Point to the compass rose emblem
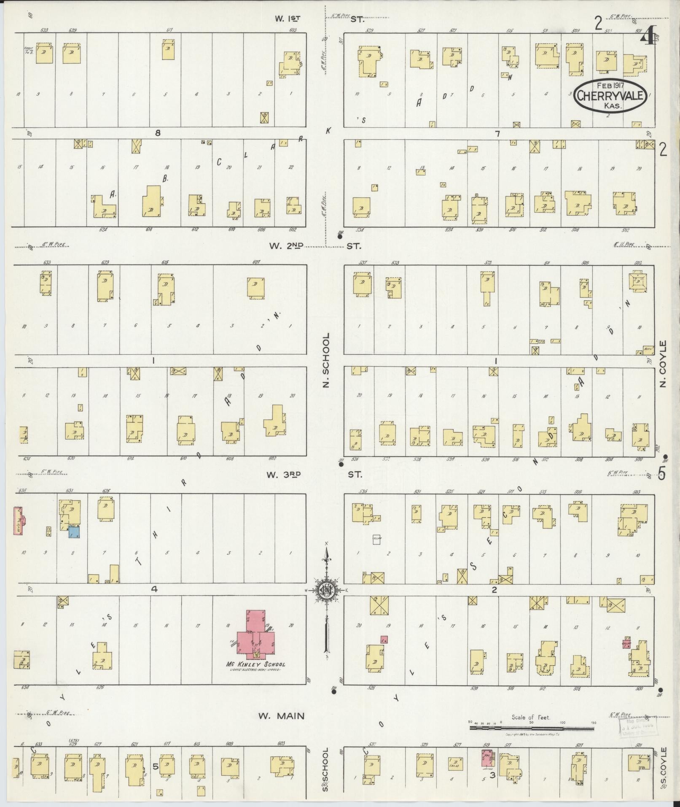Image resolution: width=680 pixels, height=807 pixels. pos(326,590)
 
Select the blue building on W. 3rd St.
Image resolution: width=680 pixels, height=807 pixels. pos(74,532)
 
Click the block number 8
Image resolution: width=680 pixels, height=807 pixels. pos(158,133)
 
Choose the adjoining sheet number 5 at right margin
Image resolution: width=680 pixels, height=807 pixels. pos(662,474)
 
